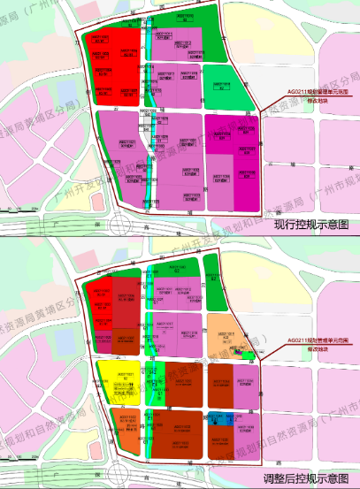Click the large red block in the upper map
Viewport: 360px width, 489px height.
click(113, 66)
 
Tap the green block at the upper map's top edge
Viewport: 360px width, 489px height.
click(177, 19)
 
